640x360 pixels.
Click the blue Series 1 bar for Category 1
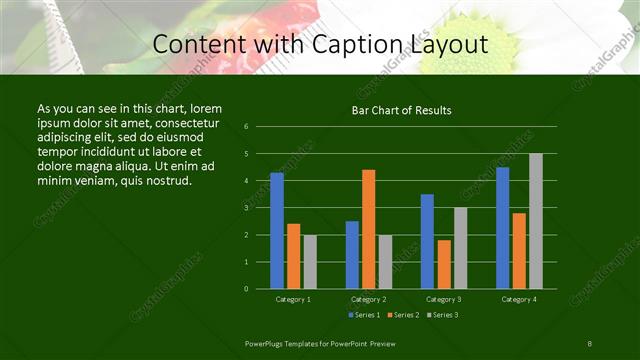click(x=277, y=231)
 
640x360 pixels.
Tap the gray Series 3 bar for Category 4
click(x=536, y=221)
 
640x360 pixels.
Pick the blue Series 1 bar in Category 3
click(x=427, y=241)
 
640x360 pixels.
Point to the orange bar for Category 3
click(x=444, y=264)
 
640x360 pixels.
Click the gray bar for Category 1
click(x=310, y=262)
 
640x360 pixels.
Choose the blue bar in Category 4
click(x=503, y=228)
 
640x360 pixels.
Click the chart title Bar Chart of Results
click(x=401, y=110)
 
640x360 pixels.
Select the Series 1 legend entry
click(x=363, y=315)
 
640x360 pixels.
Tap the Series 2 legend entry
click(x=403, y=315)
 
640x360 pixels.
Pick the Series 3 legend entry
click(x=442, y=315)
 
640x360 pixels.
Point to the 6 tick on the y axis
click(x=247, y=127)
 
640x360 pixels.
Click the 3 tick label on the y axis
click(x=247, y=208)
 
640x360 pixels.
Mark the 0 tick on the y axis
click(x=247, y=289)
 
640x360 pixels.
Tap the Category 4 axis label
click(x=519, y=299)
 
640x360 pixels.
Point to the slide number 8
click(x=590, y=343)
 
